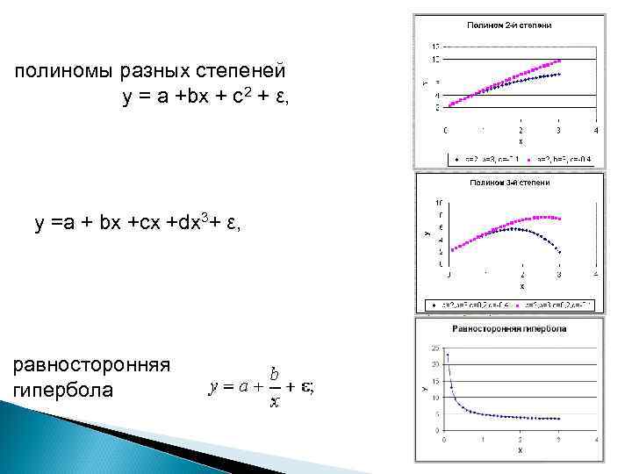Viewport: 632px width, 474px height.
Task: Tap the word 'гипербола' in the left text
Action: tap(63, 390)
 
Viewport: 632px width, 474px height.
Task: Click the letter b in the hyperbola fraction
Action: tap(275, 373)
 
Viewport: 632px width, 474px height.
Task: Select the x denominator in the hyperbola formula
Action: tap(275, 401)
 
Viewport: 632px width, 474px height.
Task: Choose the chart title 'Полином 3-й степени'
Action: tap(510, 183)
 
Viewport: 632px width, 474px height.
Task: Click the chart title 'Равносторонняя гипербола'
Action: tap(509, 328)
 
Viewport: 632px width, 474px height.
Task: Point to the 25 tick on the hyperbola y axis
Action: tap(437, 348)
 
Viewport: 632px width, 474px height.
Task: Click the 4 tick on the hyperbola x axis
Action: tap(596, 438)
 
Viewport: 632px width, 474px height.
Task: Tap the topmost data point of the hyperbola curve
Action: tap(448, 355)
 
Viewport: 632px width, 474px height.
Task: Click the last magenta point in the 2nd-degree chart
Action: tap(558, 61)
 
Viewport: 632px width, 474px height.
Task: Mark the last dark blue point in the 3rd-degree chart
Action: tap(558, 251)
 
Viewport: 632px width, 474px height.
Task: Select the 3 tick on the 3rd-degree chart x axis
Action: tap(558, 276)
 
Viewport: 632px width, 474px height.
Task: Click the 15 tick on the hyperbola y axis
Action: tap(437, 382)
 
